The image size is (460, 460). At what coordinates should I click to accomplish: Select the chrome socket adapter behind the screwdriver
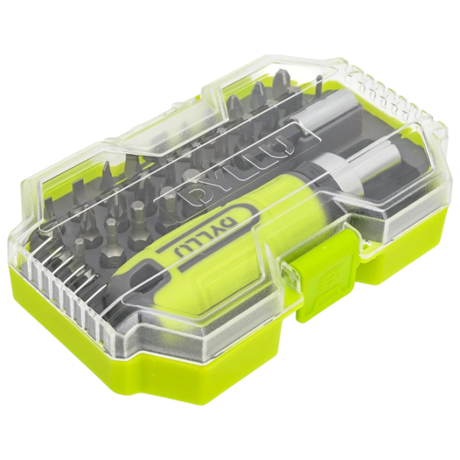point(311,118)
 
